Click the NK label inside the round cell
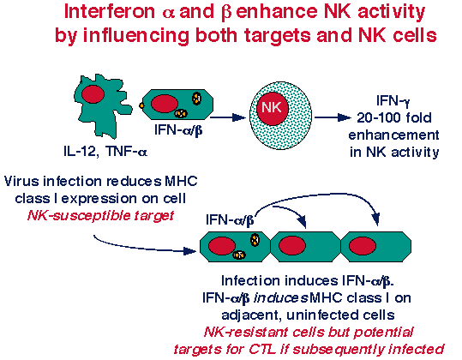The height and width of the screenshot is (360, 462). click(x=272, y=107)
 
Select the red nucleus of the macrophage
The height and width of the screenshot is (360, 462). click(x=93, y=94)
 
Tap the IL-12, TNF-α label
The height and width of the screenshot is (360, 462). click(x=105, y=152)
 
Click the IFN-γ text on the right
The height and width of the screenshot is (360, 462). click(x=393, y=101)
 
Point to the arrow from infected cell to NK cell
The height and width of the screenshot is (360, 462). click(x=227, y=117)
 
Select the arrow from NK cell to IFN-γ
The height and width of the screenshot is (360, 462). click(x=333, y=117)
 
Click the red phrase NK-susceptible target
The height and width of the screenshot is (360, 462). click(x=101, y=216)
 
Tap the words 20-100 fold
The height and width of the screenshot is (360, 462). click(x=394, y=117)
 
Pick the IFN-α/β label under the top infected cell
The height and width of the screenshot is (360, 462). click(x=178, y=129)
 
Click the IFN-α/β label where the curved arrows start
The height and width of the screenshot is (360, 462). click(x=230, y=219)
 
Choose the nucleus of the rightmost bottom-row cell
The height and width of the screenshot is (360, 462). click(x=363, y=245)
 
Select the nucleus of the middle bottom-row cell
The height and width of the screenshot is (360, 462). click(x=292, y=245)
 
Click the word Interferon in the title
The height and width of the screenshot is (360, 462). click(x=110, y=12)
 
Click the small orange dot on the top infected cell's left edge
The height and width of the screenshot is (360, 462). click(x=141, y=105)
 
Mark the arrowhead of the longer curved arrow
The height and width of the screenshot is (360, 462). click(x=375, y=219)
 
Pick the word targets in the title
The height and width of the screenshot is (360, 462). click(x=277, y=35)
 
